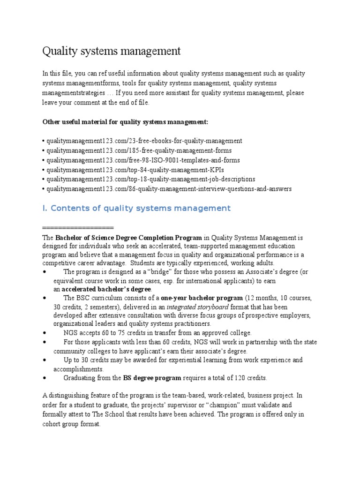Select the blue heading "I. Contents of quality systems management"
[x=136, y=208]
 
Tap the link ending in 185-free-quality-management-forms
[x=138, y=150]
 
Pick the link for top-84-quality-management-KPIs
[x=132, y=170]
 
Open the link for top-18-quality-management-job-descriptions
[x=150, y=179]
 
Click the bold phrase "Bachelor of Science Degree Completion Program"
[x=129, y=238]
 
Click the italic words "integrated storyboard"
[x=197, y=307]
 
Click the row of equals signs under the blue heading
[x=78, y=228]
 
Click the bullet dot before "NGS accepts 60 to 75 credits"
[x=45, y=333]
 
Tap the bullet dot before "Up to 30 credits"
[x=45, y=360]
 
